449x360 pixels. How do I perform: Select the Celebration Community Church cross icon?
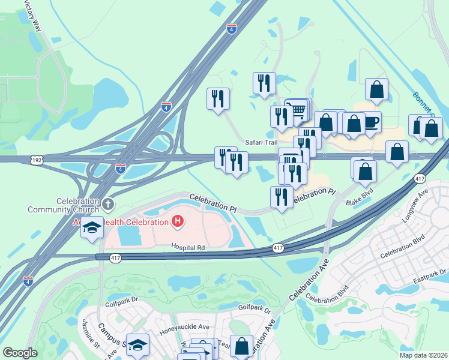(107, 204)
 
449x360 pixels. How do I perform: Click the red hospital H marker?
(178, 221)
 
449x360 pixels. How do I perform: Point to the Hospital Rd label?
(188, 247)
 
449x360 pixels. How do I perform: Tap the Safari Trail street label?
(262, 142)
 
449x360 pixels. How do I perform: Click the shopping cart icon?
(298, 110)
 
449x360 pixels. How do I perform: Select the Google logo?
(20, 353)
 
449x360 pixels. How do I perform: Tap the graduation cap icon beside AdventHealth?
(92, 228)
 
